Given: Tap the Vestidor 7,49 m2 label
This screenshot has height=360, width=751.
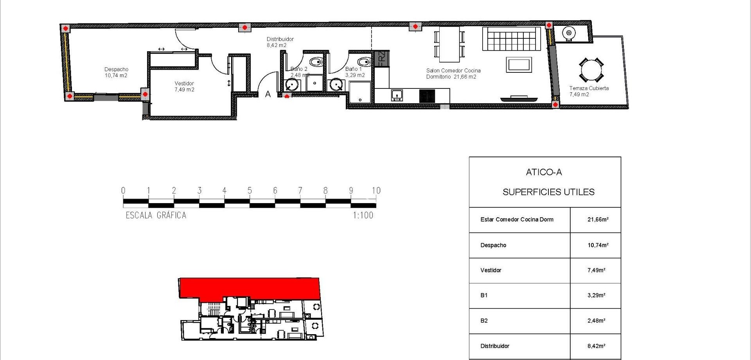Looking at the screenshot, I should coord(184,86).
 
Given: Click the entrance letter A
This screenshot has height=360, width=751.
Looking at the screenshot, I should coord(268,94).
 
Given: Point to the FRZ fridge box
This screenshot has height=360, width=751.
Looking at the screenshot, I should coord(382,59).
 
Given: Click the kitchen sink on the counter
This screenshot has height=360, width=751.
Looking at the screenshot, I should coord(397,95).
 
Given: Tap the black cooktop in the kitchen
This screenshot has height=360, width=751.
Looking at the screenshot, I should coord(427,96).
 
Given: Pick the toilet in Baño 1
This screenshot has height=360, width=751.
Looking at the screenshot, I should coord(365,62).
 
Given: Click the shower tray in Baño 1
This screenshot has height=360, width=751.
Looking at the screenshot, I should coord(360,92).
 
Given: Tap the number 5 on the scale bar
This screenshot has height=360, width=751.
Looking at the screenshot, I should coord(250,191).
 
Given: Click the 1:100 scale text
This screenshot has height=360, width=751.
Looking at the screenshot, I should coord(363,215).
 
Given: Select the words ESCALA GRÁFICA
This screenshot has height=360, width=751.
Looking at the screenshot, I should coord(156,215).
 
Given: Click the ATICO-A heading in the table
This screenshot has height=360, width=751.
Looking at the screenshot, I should coord(544,172).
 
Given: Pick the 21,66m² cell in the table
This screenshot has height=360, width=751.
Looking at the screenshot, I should coord(598,220).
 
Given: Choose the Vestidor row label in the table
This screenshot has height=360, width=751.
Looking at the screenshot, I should coord(490,270).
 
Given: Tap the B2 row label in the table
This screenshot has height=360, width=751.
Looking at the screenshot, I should coord(484,321).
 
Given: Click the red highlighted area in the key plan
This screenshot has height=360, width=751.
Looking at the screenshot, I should coord(250,288).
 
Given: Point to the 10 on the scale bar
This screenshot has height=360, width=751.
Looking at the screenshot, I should coord(376,191).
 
